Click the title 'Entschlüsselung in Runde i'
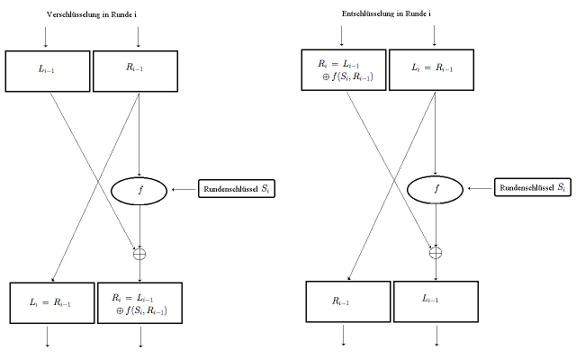coord(387,14)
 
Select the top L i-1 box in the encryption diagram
coord(48,70)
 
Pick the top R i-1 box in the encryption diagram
coord(137,70)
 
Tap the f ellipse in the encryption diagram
coord(139,190)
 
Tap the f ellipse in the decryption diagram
coord(436,190)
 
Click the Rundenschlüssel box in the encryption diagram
coord(229,190)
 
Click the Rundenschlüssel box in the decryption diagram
coord(531,188)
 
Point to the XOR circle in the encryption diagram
coord(139,254)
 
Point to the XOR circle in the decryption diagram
coord(436,252)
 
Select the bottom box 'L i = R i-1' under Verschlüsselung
coord(50,303)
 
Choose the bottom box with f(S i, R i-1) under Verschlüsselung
coord(139,303)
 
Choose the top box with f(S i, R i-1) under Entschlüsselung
coord(342,70)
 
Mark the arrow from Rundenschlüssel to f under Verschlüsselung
coord(183,190)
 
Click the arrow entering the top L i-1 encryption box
coord(45,38)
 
